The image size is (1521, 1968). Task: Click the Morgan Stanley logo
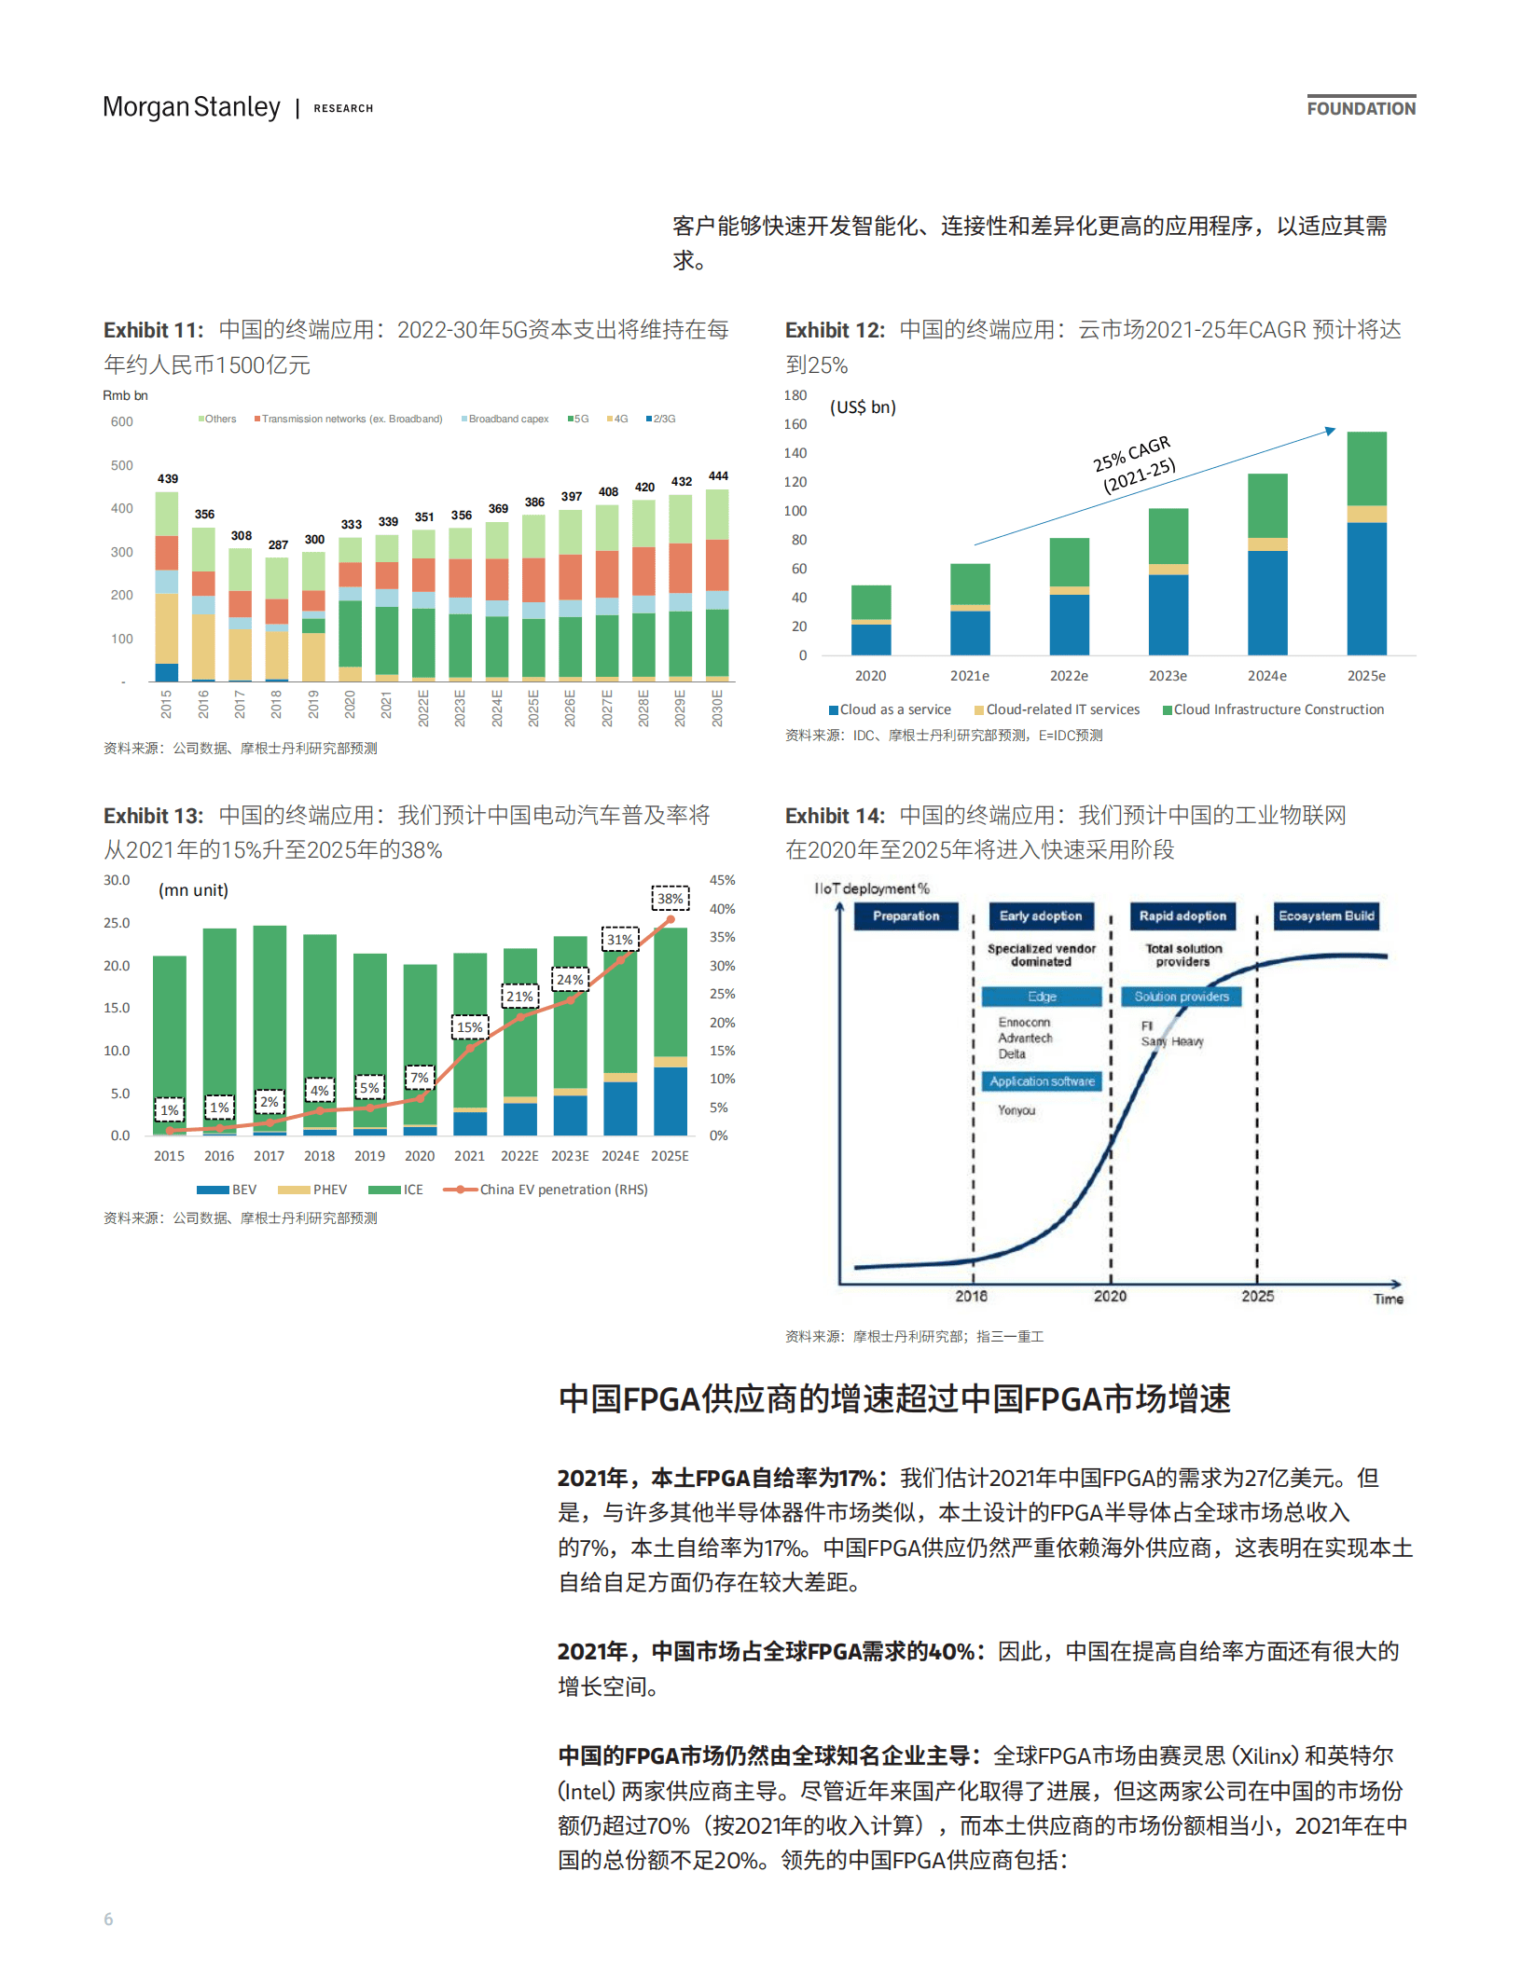pos(191,107)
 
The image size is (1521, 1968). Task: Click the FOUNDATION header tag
pos(1361,108)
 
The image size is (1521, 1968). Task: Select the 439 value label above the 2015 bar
pos(168,478)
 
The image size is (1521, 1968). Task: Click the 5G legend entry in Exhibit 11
pos(579,419)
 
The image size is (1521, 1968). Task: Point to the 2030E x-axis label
pos(717,708)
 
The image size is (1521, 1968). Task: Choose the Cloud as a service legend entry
pos(890,709)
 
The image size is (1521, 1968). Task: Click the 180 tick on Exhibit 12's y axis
pos(795,395)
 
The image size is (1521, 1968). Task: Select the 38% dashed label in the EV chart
pos(670,899)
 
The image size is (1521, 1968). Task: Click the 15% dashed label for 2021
pos(470,1027)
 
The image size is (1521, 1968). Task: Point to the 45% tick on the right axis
pos(722,880)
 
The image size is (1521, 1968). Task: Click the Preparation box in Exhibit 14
pos(906,916)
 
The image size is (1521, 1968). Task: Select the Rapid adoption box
pos(1182,916)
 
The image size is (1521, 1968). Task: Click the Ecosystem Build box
pos(1326,916)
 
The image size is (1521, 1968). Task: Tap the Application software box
pos(1042,1081)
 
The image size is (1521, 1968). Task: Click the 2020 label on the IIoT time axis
pos(1110,1296)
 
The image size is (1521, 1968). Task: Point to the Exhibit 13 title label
pos(153,816)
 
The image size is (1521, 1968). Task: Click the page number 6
pos(108,1919)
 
